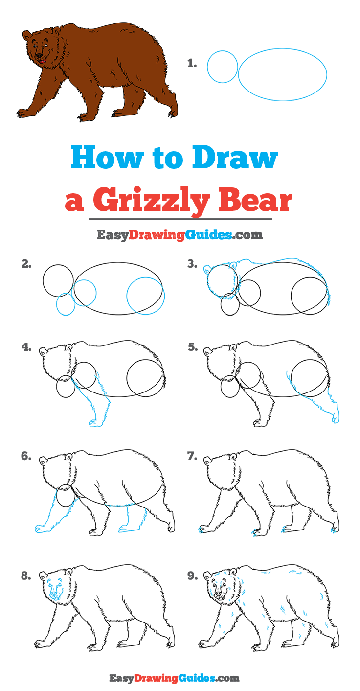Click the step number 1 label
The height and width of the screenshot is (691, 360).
[x=192, y=64]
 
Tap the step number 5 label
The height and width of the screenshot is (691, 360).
[x=193, y=347]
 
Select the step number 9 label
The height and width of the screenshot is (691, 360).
[x=192, y=576]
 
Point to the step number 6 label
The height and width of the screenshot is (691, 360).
[x=26, y=456]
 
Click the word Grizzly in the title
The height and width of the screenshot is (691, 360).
[x=151, y=201]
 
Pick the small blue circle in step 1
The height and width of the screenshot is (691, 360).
[x=207, y=67]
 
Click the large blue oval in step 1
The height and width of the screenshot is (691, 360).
[x=239, y=74]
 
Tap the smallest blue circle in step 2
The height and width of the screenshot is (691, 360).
[x=57, y=304]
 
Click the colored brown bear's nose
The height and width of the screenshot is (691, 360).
[x=39, y=56]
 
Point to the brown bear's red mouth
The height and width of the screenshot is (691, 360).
[x=42, y=61]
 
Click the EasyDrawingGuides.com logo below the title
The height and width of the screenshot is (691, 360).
[x=180, y=235]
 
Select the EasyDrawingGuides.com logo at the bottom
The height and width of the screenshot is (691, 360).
[x=174, y=678]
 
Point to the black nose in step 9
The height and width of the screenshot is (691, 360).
[x=219, y=594]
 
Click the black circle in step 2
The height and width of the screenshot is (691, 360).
[x=43, y=281]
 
